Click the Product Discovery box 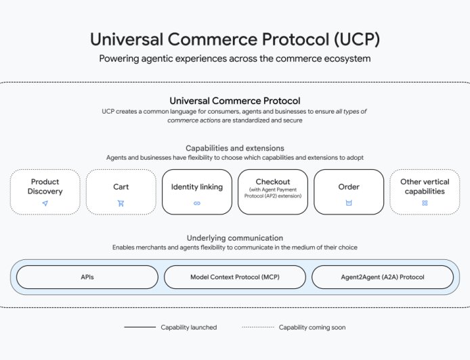[x=45, y=192]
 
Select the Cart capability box [x=121, y=192]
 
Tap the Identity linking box [x=196, y=192]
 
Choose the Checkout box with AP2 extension [x=273, y=192]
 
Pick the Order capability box [x=349, y=192]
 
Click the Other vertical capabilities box [x=425, y=192]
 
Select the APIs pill [x=87, y=277]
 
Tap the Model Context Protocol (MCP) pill [x=235, y=277]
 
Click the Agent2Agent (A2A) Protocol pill [x=383, y=277]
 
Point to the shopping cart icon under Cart [x=121, y=203]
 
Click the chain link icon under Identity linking [x=196, y=203]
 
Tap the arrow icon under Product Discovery [x=45, y=203]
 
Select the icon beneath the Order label [x=349, y=203]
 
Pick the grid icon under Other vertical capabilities [x=425, y=203]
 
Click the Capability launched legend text [x=189, y=328]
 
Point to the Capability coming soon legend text [x=312, y=328]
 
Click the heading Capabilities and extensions [x=235, y=148]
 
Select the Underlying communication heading [x=235, y=238]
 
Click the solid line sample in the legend [x=140, y=328]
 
